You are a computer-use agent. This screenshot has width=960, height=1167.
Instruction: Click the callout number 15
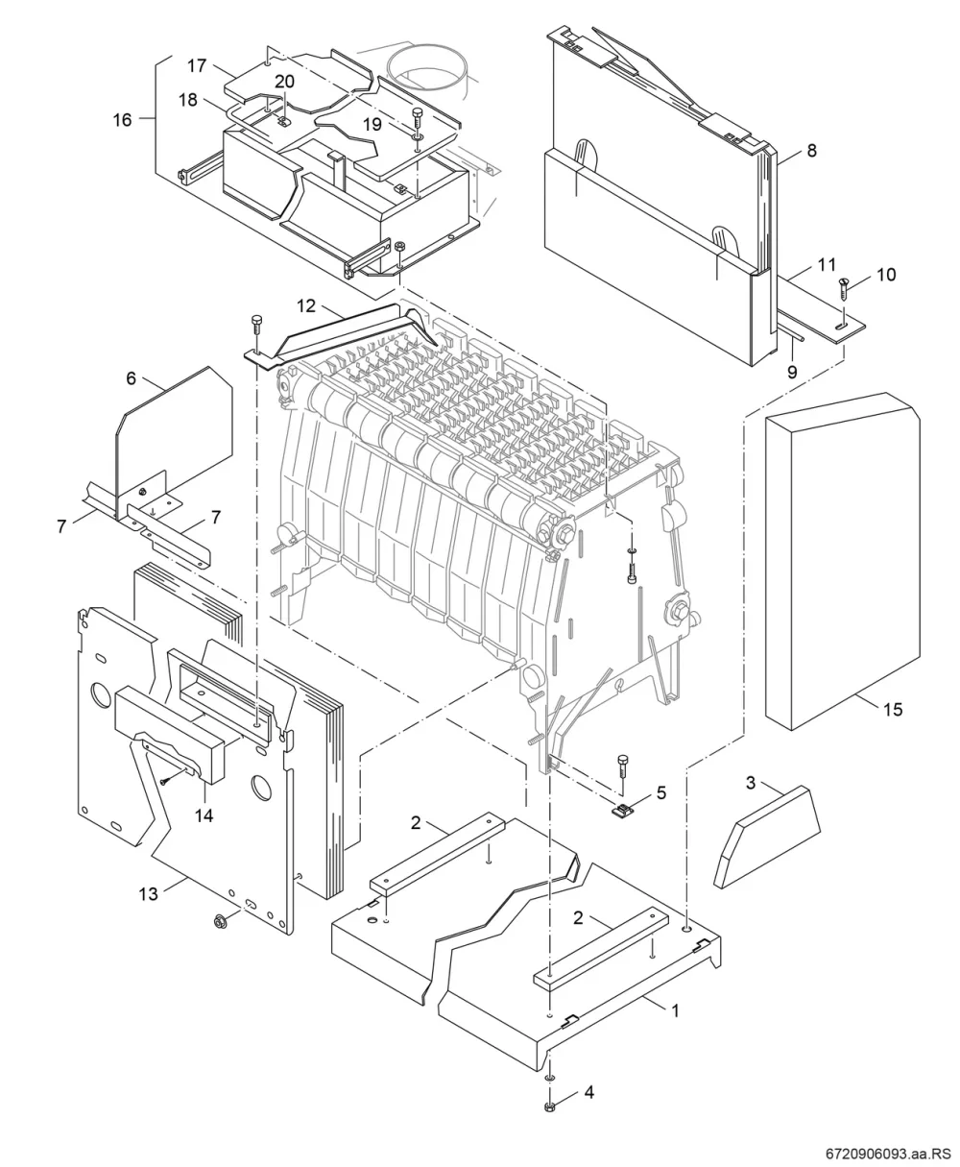point(893,710)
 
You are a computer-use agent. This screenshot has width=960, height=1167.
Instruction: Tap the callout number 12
point(306,305)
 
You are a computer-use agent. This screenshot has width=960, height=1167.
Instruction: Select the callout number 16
point(122,119)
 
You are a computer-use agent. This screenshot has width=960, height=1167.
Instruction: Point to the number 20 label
point(285,82)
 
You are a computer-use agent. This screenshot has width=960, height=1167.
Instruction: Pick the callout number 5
point(661,793)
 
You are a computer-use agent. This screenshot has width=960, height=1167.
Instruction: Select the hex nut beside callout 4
point(549,1106)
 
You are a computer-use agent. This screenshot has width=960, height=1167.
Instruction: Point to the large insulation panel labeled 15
point(842,561)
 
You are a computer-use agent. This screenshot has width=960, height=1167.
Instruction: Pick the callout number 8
point(811,151)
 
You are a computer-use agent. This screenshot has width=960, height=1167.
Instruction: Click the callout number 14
point(204,815)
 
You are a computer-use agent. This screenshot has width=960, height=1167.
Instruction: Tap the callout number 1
point(674,1011)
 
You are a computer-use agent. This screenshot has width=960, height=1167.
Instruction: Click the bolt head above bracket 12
point(255,322)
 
